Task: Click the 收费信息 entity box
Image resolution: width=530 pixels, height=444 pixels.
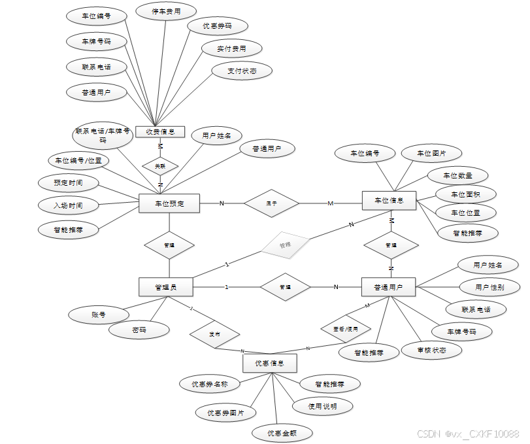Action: (x=160, y=131)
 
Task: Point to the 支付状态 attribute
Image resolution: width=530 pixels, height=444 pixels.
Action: (x=242, y=70)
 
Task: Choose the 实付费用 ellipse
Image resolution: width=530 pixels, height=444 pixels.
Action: (x=231, y=48)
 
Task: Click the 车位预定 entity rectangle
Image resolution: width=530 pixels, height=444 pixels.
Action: (x=169, y=203)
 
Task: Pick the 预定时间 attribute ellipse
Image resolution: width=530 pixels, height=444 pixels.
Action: (x=69, y=182)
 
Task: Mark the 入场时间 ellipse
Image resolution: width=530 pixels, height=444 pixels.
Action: (x=69, y=205)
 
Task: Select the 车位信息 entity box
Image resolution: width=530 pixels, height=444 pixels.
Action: (x=389, y=201)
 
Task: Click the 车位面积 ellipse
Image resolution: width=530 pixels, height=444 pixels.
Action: (x=466, y=194)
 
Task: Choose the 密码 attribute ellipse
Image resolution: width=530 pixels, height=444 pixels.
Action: (x=139, y=330)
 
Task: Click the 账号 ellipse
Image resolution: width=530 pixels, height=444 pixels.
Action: (x=98, y=315)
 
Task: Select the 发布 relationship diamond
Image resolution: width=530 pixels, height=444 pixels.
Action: (x=214, y=333)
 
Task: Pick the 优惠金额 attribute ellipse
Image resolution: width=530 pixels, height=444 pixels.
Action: (x=282, y=433)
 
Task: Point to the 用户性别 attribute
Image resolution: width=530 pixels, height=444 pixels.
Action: (x=489, y=287)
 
